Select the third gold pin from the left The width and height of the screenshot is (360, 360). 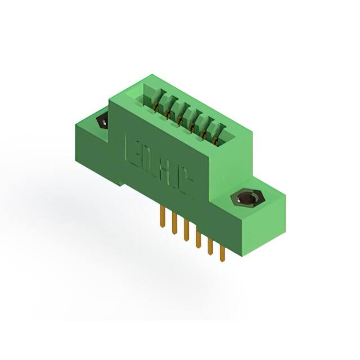[186, 231]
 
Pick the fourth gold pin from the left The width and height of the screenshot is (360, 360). [198, 238]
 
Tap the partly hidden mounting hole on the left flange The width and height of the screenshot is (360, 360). [103, 121]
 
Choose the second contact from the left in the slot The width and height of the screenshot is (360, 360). [167, 110]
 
